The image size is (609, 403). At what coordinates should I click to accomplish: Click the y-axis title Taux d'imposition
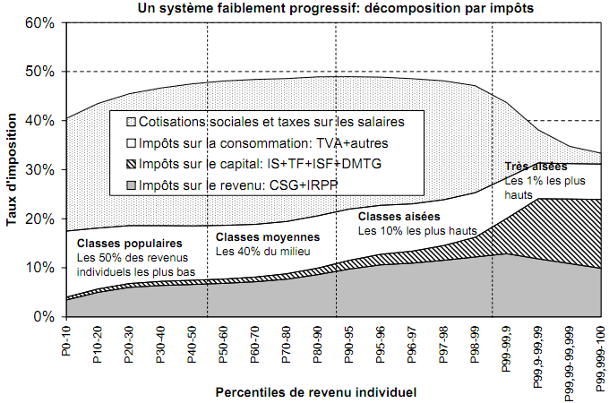pos(12,169)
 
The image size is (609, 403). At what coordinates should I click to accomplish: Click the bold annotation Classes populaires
pos(129,244)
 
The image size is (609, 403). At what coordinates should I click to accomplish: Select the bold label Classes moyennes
pos(268,237)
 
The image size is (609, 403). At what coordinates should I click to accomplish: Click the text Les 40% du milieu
pos(258,252)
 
